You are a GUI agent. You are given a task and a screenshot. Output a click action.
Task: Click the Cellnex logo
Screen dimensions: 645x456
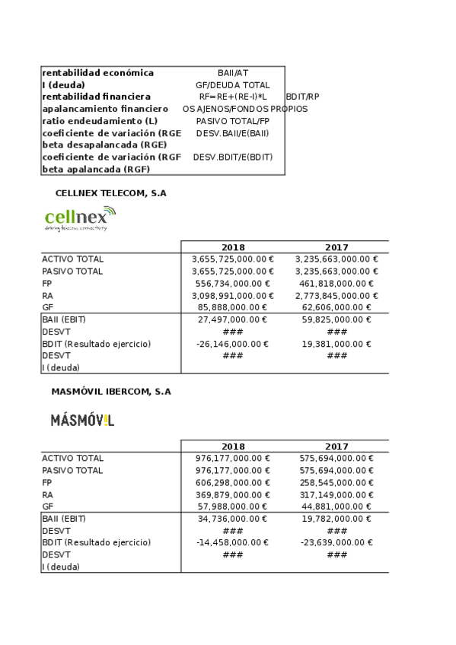(80, 218)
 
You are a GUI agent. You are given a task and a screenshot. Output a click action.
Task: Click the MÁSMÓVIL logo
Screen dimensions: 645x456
(82, 420)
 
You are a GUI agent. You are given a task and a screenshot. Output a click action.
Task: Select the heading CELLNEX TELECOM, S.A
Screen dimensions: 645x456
(110, 193)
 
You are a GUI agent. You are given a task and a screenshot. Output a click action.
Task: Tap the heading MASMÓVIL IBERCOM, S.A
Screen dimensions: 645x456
(111, 392)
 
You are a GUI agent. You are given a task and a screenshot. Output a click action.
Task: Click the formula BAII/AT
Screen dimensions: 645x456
(233, 73)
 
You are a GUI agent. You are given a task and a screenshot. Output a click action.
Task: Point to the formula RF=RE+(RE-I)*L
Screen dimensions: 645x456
(233, 97)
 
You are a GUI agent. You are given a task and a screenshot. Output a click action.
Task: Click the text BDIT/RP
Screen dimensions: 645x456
(302, 97)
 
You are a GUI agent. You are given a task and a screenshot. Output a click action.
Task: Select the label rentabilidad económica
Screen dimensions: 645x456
(98, 73)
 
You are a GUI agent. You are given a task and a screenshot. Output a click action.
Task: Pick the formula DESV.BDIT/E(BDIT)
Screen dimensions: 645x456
(233, 157)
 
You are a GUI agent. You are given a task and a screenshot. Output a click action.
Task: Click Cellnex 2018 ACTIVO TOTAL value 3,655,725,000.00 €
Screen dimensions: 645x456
(233, 259)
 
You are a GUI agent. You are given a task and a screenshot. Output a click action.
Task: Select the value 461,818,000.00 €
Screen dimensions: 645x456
(336, 283)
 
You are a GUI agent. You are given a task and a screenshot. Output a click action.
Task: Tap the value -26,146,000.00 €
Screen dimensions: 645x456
(233, 344)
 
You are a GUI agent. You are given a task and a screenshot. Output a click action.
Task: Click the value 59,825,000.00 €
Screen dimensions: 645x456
(336, 319)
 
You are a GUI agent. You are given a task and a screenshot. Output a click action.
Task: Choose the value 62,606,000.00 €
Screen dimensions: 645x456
(336, 307)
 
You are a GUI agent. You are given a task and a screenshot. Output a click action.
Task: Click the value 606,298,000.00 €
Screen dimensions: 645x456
(233, 482)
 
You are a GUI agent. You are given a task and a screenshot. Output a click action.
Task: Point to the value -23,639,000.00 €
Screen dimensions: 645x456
(336, 542)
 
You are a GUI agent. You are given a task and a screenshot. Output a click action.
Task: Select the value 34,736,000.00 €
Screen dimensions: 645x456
(233, 519)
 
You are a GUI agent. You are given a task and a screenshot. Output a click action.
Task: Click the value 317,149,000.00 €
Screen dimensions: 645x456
(336, 494)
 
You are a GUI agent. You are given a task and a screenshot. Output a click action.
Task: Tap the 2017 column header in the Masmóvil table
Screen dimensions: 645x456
(336, 446)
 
